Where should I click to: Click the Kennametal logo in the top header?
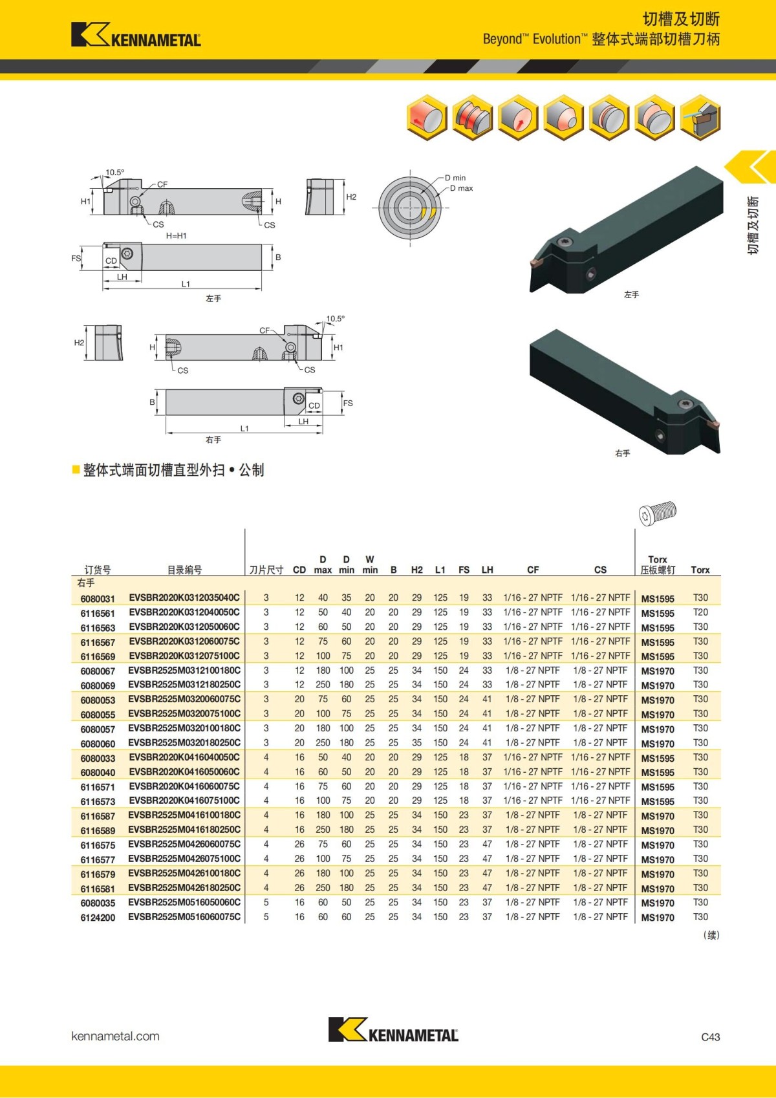click(x=136, y=35)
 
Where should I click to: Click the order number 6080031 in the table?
click(x=98, y=599)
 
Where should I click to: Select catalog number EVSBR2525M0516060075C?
click(x=184, y=917)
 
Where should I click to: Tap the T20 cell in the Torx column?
click(x=700, y=612)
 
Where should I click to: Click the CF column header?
click(x=533, y=570)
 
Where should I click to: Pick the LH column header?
click(x=487, y=570)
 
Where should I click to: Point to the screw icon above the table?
click(x=657, y=513)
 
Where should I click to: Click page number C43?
click(x=710, y=1037)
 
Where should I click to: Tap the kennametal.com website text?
click(x=115, y=1036)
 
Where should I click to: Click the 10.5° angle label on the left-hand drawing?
click(x=115, y=173)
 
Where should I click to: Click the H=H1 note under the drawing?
click(x=176, y=236)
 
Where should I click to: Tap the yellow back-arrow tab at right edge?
click(x=752, y=167)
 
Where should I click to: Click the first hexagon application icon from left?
click(x=427, y=118)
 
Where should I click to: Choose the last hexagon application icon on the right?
click(x=700, y=118)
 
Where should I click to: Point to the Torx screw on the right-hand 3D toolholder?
click(x=686, y=405)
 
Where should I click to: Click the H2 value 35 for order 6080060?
click(x=416, y=743)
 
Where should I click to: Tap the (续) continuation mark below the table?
click(x=711, y=935)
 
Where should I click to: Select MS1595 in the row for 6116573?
click(x=657, y=802)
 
